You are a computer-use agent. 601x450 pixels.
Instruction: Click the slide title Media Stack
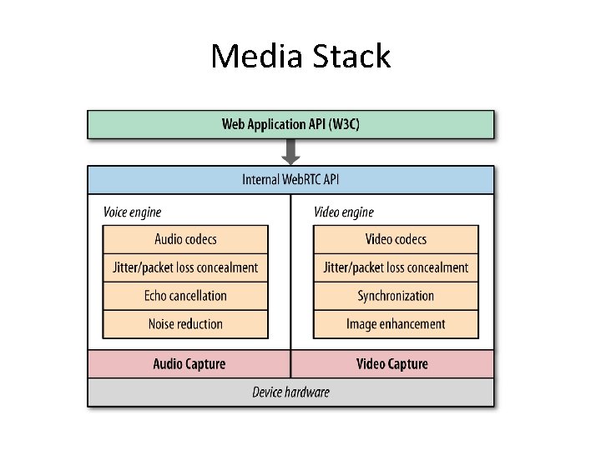(300, 57)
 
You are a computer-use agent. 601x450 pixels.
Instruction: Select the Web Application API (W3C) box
(290, 124)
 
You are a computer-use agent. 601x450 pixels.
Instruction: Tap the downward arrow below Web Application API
(290, 151)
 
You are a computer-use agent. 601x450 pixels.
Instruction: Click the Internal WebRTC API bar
(290, 179)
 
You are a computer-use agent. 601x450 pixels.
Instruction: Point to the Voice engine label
(132, 212)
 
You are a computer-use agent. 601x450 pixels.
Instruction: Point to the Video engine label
(344, 212)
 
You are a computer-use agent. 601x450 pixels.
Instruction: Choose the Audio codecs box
(185, 239)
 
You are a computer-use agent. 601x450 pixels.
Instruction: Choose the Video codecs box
(396, 239)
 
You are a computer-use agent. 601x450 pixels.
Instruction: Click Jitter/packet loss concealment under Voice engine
(185, 267)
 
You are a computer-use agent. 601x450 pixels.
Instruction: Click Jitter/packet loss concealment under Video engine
(396, 267)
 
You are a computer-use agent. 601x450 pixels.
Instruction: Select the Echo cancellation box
(185, 296)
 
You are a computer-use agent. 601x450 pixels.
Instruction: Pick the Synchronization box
(396, 296)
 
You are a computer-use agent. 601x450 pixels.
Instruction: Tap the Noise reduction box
(185, 324)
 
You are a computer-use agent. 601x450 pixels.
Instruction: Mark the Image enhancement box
(396, 324)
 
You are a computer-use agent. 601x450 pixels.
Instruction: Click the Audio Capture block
(189, 364)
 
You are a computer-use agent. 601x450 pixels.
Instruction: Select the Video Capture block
(392, 364)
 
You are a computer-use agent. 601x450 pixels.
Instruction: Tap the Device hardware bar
(290, 392)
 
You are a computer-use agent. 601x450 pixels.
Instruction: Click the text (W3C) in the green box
(342, 124)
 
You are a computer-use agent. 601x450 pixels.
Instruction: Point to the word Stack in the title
(351, 57)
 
